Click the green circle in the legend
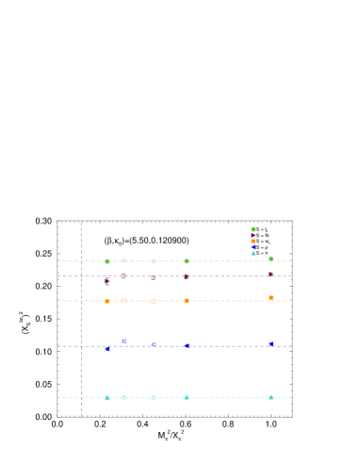coord(253,229)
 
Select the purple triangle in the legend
coord(253,235)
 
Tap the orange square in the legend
coord(253,241)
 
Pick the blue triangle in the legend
coord(253,247)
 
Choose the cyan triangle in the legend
coord(253,253)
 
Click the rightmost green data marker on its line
coord(270,258)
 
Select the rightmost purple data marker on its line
coord(270,275)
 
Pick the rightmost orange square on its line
coord(270,298)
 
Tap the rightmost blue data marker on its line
coord(270,344)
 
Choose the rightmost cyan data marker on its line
coord(270,397)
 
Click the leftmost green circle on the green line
coord(107,261)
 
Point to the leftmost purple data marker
coord(107,281)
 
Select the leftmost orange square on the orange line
coord(107,302)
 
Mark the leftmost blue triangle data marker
coord(107,349)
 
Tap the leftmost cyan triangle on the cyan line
coord(107,397)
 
